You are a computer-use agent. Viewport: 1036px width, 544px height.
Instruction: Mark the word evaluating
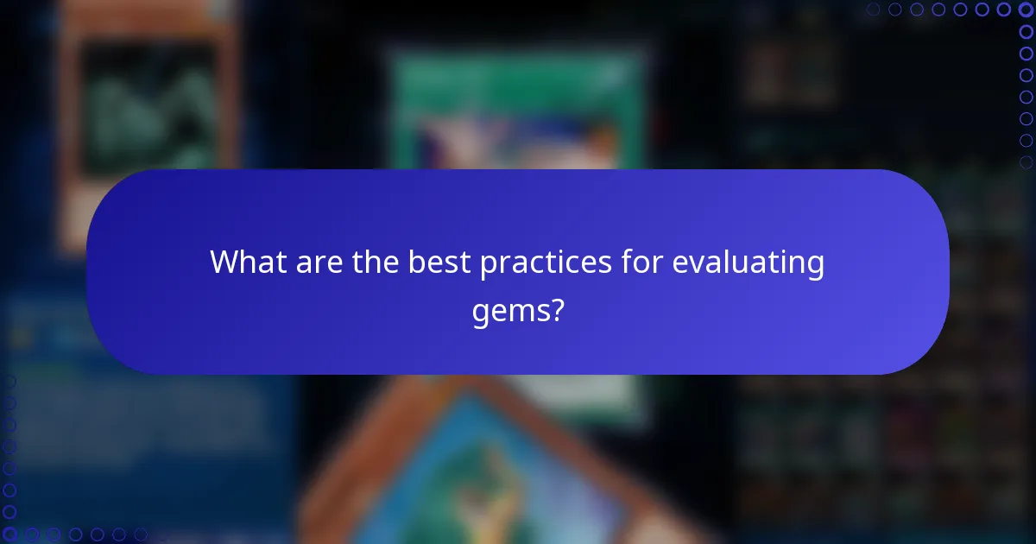click(748, 262)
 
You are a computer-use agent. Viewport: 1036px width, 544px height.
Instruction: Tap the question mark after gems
click(557, 308)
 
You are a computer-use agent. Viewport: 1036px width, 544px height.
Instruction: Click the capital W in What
click(226, 262)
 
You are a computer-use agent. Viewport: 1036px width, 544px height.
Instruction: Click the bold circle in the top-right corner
click(1027, 9)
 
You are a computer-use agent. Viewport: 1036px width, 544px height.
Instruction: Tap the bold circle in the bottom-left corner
click(9, 535)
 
